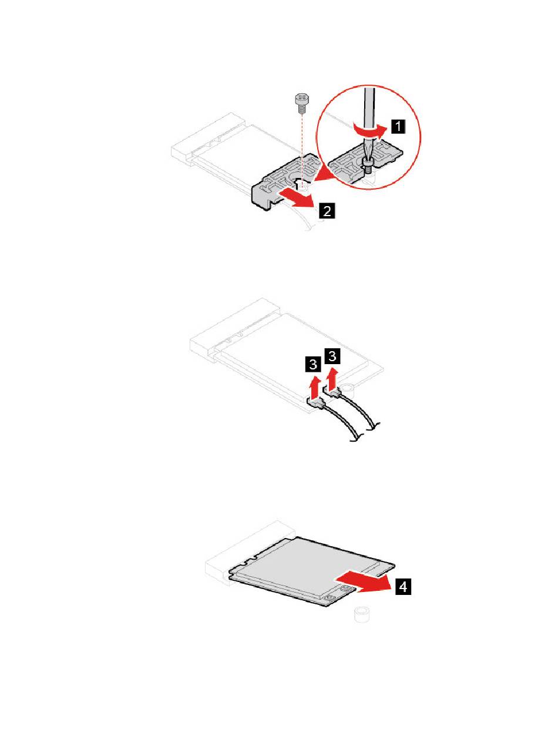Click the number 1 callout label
[398, 125]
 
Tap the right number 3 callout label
[333, 356]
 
